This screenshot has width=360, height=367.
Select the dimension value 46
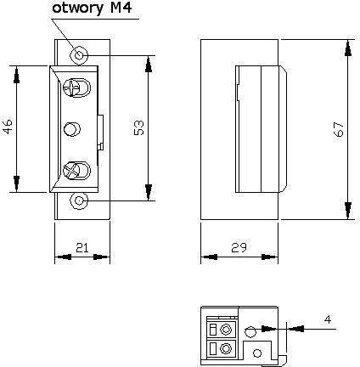click(x=8, y=128)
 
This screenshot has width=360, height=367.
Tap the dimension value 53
click(x=139, y=128)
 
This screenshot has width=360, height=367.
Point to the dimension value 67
click(x=339, y=128)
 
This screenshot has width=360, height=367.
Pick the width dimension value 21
click(x=82, y=247)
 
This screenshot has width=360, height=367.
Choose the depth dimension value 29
click(x=238, y=247)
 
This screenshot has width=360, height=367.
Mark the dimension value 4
click(x=328, y=319)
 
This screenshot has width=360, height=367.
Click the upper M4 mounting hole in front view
click(x=79, y=55)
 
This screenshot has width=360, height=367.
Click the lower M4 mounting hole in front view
click(x=79, y=201)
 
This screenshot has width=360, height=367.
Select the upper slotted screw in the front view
click(x=75, y=88)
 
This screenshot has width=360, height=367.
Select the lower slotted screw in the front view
click(x=75, y=169)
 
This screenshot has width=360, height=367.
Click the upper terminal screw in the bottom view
click(x=225, y=328)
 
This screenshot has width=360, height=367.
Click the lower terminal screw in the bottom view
click(x=225, y=347)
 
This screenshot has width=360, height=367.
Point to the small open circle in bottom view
click(x=250, y=331)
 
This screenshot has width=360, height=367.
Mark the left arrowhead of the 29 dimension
click(x=205, y=257)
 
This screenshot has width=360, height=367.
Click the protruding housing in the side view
click(x=260, y=128)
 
